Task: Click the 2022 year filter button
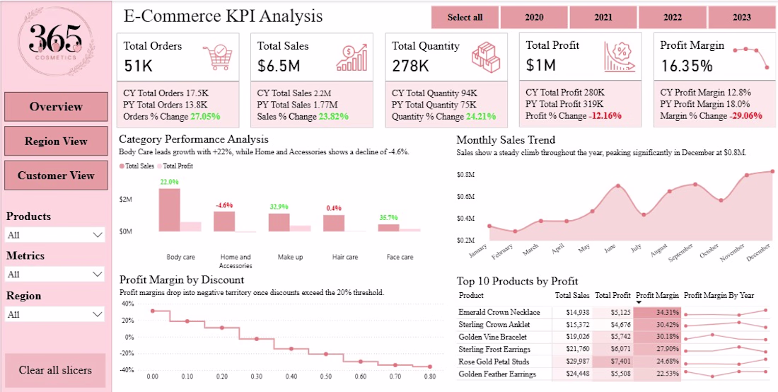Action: tap(672, 18)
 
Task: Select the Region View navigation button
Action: tap(56, 142)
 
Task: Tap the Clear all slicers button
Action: tap(56, 370)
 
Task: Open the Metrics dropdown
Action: tap(55, 275)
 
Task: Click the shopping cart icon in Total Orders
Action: tap(218, 56)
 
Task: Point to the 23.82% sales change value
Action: tap(332, 117)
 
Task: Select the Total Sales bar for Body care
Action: tap(169, 210)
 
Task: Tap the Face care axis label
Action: tap(400, 257)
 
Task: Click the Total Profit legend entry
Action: tap(175, 166)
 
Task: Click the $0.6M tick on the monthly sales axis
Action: tap(467, 197)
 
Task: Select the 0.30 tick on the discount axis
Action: tap(257, 376)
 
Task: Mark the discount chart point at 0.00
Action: tap(153, 311)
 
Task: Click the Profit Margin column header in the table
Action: tap(657, 295)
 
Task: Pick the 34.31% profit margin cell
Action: tap(657, 313)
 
